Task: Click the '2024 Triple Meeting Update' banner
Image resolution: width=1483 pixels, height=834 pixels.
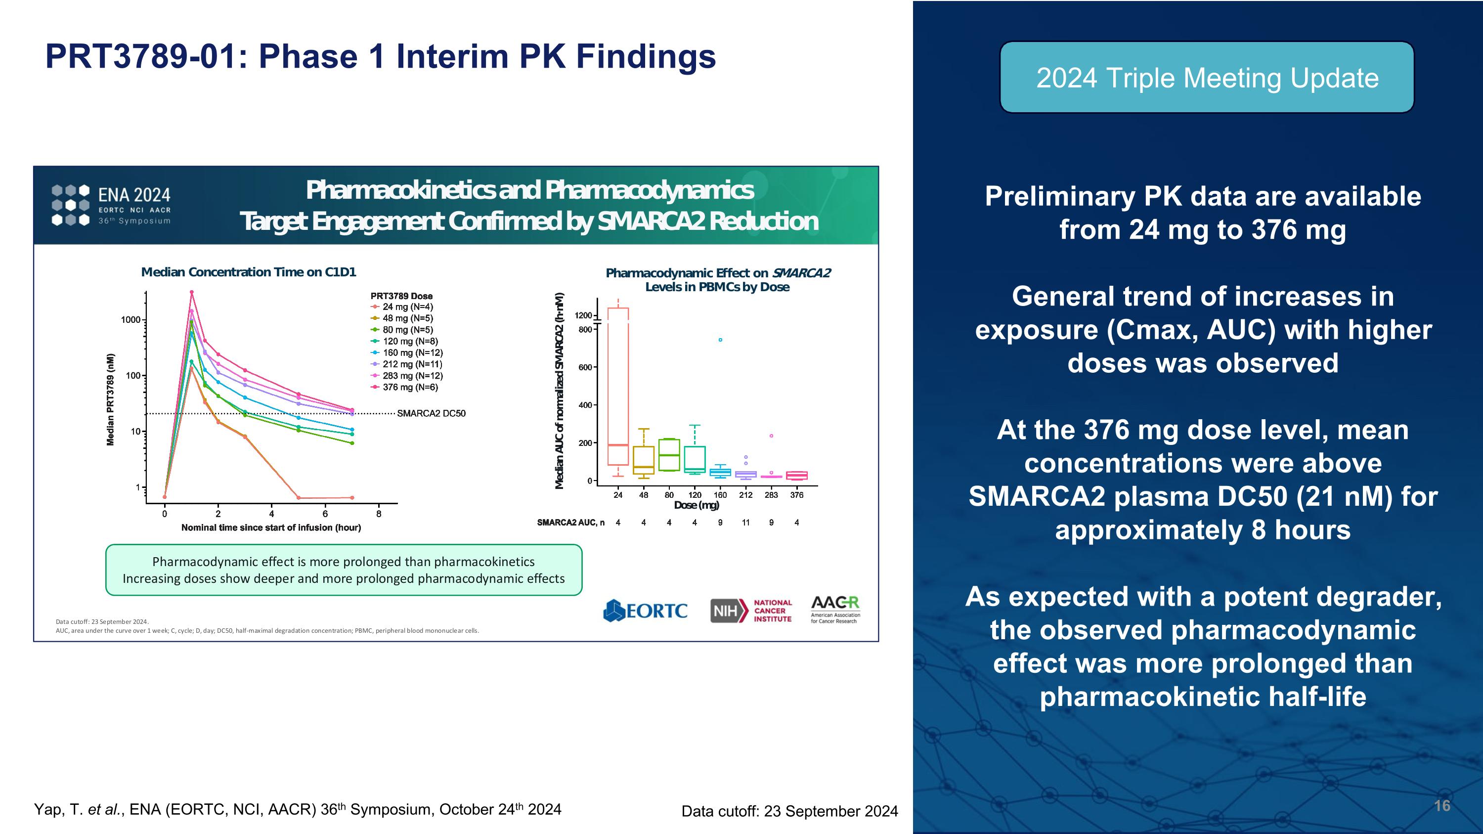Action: point(1207,78)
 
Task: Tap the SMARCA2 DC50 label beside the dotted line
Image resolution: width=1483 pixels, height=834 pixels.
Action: point(431,413)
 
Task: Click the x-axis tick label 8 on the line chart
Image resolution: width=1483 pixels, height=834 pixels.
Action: point(378,514)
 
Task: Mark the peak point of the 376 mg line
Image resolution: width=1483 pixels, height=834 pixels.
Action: point(192,292)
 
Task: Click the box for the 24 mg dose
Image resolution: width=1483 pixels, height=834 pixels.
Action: point(618,386)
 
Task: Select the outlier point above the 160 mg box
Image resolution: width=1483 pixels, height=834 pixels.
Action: point(720,340)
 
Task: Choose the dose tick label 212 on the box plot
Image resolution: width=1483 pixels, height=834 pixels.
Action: point(745,495)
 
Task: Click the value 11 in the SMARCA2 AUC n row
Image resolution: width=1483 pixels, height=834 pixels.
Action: point(745,523)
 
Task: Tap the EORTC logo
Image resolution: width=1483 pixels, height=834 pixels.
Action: point(646,611)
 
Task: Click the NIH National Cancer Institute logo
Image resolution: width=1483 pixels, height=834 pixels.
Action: point(751,611)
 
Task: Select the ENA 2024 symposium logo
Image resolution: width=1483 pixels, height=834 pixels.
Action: point(111,205)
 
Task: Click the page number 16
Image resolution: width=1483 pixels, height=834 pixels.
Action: point(1441,805)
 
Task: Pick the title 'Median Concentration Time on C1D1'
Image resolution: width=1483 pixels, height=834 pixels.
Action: point(249,272)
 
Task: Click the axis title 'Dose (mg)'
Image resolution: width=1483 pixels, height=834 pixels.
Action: point(697,505)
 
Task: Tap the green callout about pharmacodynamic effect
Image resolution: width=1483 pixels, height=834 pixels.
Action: point(344,570)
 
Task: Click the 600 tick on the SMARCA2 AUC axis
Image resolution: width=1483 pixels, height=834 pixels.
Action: point(585,367)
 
